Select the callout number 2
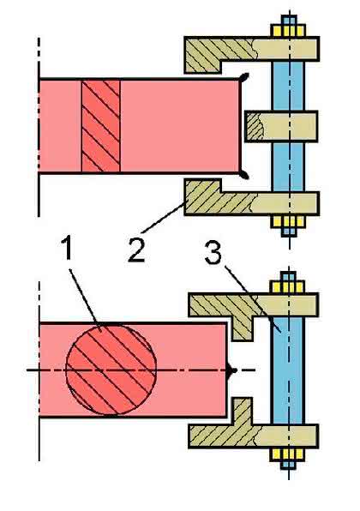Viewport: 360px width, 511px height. [136, 249]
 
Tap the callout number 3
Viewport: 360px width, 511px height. [213, 252]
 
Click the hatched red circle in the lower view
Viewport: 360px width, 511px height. [111, 370]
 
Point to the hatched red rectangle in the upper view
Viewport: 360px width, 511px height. [100, 126]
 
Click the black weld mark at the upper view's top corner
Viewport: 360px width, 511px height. [243, 77]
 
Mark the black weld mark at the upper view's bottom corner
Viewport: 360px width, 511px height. [243, 175]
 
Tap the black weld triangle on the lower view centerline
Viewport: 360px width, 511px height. [232, 370]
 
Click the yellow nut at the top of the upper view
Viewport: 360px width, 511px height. [288, 31]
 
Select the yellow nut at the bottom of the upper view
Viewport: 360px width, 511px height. [288, 221]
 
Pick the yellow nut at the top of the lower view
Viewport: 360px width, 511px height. [288, 287]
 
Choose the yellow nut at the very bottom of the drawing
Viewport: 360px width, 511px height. [287, 454]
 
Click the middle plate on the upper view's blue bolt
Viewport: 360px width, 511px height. [281, 126]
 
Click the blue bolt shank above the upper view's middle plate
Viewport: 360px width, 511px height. [288, 86]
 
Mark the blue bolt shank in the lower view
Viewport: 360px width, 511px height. [288, 370]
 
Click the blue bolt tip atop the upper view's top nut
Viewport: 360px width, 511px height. [288, 20]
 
